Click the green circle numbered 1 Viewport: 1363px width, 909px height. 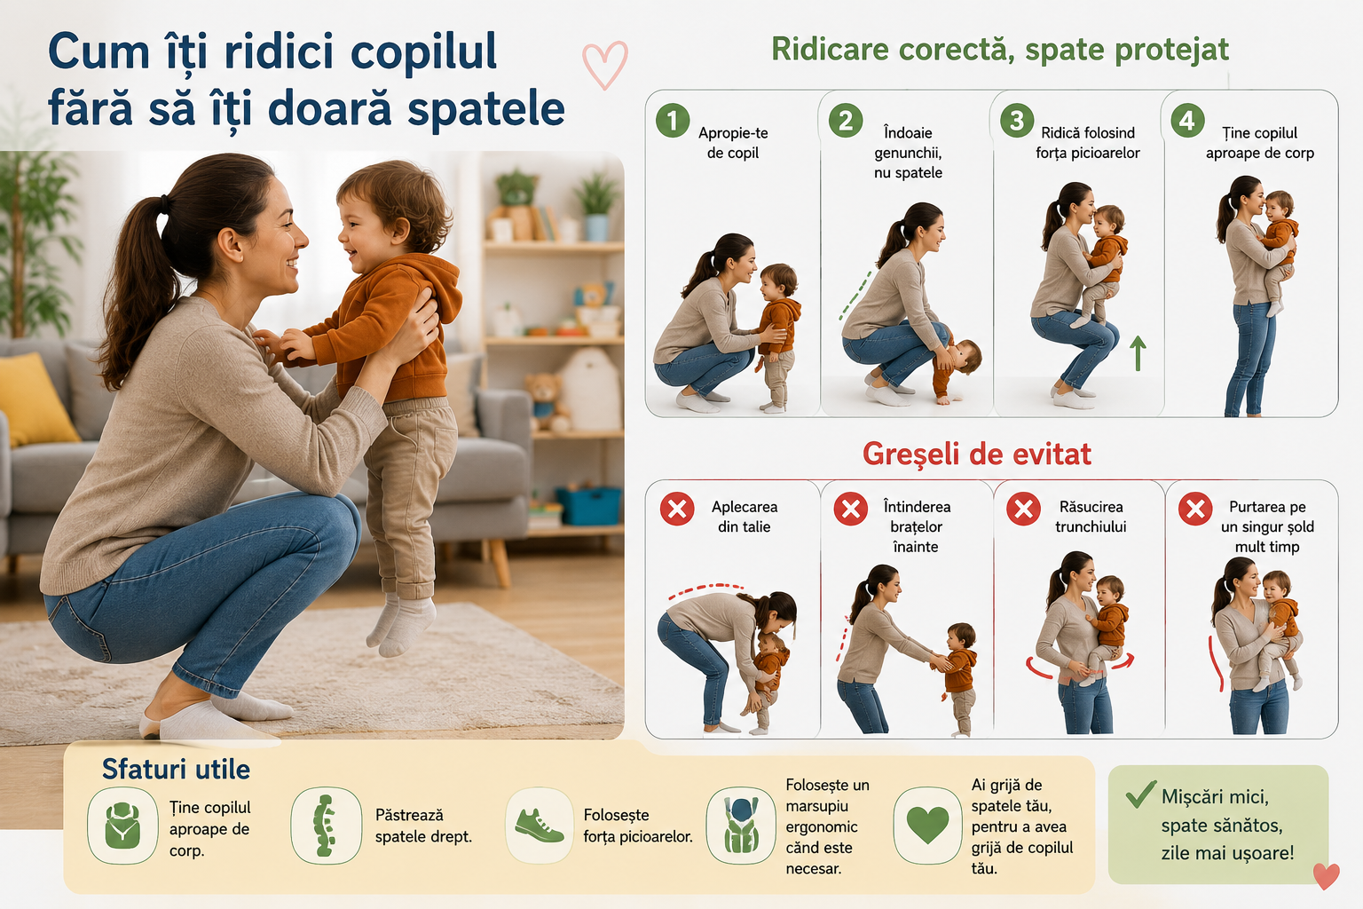click(x=673, y=120)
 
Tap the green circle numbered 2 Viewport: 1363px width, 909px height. click(x=845, y=120)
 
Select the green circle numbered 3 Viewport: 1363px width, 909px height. click(x=1017, y=120)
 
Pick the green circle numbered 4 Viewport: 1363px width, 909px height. click(x=1188, y=120)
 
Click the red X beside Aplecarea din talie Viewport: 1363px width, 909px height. click(x=677, y=509)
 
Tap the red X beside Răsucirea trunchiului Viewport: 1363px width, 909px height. click(x=1023, y=509)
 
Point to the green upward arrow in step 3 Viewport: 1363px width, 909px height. click(x=1138, y=353)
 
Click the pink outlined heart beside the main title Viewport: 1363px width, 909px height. click(x=605, y=65)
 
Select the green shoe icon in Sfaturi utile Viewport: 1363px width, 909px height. click(x=540, y=826)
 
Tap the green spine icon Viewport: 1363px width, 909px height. click(x=324, y=826)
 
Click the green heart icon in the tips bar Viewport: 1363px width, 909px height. click(x=927, y=825)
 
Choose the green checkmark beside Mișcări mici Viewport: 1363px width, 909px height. click(x=1140, y=794)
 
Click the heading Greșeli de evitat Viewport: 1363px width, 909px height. click(x=977, y=454)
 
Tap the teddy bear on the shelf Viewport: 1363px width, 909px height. click(x=546, y=402)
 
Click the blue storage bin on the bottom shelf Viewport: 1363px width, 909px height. click(x=588, y=505)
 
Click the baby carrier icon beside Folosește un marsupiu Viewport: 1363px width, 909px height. click(x=741, y=826)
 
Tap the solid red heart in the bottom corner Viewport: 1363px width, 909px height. click(x=1326, y=876)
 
